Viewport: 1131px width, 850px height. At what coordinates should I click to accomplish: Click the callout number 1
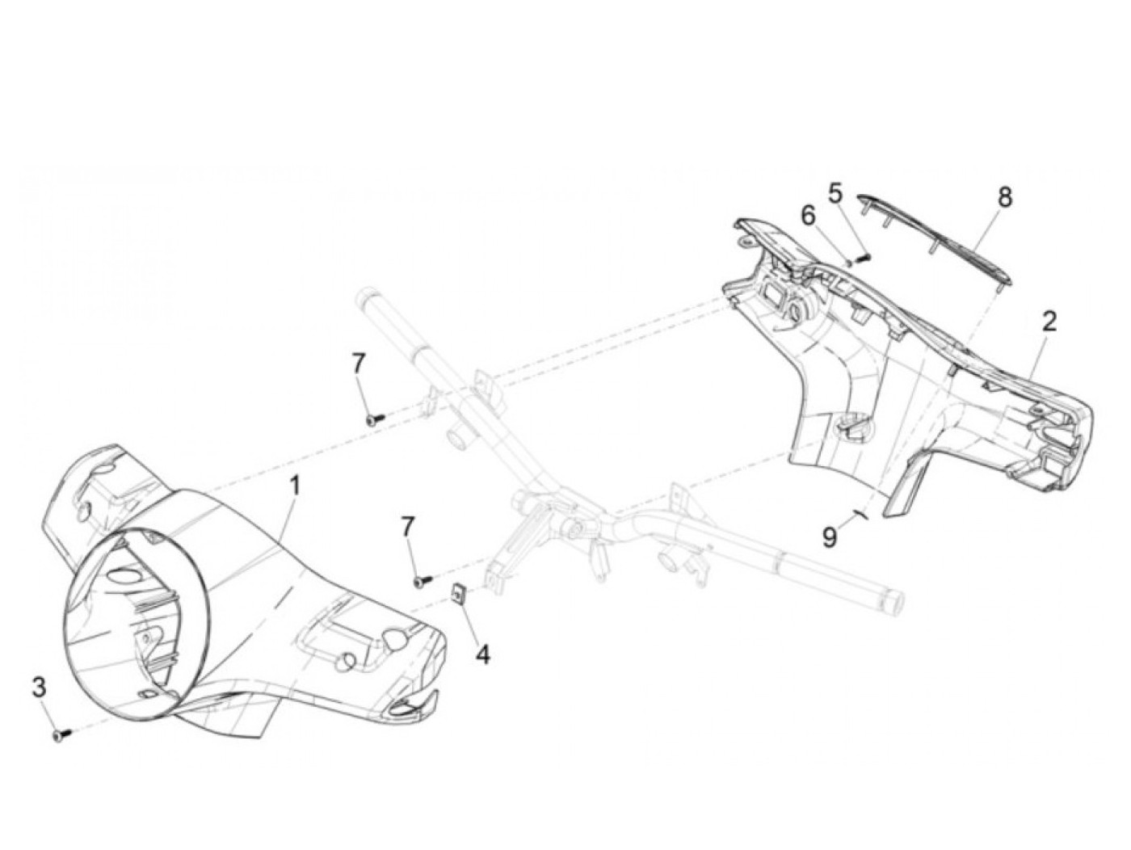(x=295, y=486)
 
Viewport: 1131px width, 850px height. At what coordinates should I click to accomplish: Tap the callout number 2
(x=1049, y=322)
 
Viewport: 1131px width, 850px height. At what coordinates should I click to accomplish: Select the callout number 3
(x=39, y=688)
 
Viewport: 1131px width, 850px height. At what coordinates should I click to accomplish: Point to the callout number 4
(x=482, y=654)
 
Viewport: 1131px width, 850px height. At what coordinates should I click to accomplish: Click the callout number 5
(x=835, y=193)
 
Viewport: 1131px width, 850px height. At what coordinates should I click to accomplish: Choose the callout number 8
(x=1004, y=197)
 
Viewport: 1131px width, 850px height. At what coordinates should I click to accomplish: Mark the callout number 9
(x=830, y=537)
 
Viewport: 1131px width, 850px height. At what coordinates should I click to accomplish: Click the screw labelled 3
(x=60, y=734)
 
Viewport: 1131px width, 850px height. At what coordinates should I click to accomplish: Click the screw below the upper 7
(x=373, y=419)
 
